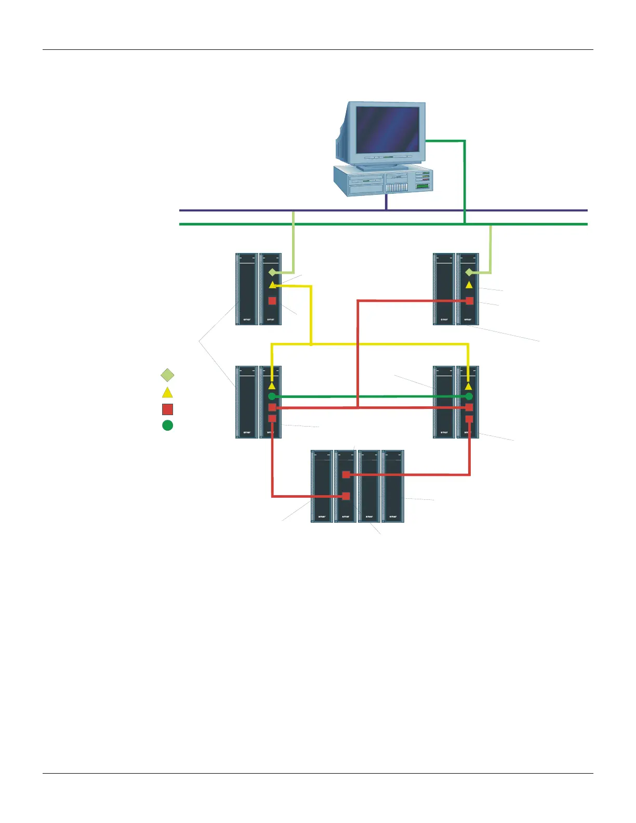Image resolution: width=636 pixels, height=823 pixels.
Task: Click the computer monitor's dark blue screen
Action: [x=387, y=130]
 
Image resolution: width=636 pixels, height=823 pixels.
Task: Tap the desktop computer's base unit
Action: [x=383, y=182]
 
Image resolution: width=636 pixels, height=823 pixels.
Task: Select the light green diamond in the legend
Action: [x=167, y=375]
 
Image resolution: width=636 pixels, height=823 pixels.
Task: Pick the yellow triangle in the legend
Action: [x=167, y=392]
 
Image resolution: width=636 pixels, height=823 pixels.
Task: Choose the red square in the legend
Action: [x=167, y=409]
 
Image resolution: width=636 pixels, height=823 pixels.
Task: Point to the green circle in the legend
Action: [x=167, y=426]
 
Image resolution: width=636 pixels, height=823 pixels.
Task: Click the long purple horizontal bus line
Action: [x=234, y=210]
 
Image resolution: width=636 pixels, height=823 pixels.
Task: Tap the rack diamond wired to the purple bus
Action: [x=272, y=272]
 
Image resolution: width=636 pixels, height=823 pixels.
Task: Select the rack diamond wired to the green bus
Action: [x=469, y=272]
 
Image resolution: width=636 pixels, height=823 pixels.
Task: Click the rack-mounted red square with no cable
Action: [x=272, y=301]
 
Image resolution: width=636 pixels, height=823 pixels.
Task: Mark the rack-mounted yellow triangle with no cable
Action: [x=469, y=285]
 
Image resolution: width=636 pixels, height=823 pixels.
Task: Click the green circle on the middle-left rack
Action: [x=272, y=396]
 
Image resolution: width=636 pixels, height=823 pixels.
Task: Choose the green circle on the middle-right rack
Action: [x=469, y=396]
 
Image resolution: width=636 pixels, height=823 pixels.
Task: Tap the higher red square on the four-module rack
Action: [x=346, y=474]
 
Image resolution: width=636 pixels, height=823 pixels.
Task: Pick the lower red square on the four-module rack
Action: [x=346, y=496]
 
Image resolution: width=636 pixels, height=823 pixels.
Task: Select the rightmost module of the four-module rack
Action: [x=393, y=486]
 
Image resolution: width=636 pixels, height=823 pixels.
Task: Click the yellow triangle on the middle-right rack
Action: [x=469, y=386]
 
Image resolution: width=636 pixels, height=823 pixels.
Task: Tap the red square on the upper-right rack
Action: [x=470, y=301]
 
